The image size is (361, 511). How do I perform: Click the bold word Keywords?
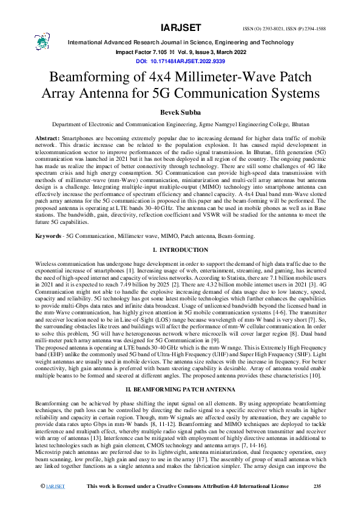click(x=48, y=218)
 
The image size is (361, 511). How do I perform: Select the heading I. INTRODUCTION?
click(x=180, y=233)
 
